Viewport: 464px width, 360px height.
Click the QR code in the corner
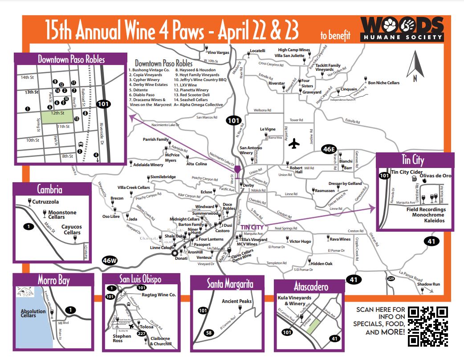click(427, 327)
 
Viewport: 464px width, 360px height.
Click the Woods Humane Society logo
click(402, 29)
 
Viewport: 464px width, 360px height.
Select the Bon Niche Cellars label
click(383, 83)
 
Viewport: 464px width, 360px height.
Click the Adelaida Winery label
click(148, 165)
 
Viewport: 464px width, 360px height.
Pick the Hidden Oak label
click(322, 264)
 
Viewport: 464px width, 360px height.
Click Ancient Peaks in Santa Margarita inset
click(236, 301)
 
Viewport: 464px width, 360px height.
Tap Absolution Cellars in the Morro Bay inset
click(33, 314)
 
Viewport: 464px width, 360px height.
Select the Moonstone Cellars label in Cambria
click(62, 215)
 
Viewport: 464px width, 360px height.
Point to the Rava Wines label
click(340, 239)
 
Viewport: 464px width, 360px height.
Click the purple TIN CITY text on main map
click(252, 227)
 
